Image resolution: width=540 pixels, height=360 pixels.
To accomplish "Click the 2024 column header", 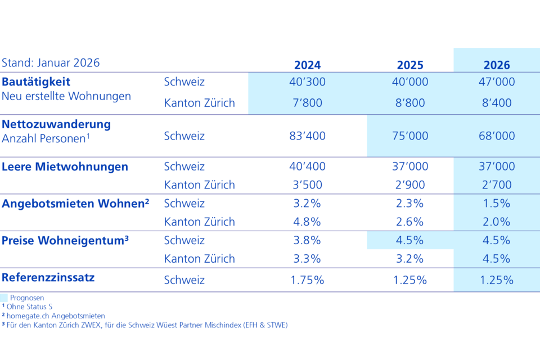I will click(x=307, y=65).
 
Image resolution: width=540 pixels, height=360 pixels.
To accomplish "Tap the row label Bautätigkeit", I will click(x=36, y=82).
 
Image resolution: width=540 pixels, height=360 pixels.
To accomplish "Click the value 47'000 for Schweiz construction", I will click(x=497, y=82).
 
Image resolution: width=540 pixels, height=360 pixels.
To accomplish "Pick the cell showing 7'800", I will click(x=307, y=103).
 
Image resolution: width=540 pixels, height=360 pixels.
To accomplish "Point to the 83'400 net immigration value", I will click(x=307, y=136).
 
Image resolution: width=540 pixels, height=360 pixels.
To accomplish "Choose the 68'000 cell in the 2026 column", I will click(x=497, y=136).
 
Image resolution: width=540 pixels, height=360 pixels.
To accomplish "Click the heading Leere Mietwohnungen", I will click(x=65, y=166).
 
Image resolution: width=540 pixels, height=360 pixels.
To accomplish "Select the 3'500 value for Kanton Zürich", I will click(x=307, y=184).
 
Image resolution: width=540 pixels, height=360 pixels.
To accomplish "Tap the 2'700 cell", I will click(x=497, y=184).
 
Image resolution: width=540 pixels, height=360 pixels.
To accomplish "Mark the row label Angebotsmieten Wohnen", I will click(x=75, y=204).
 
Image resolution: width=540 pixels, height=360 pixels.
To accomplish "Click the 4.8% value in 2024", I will click(x=307, y=222).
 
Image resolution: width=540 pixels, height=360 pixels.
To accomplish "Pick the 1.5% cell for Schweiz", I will click(x=497, y=204).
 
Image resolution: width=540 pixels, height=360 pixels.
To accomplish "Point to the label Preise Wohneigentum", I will click(x=65, y=241).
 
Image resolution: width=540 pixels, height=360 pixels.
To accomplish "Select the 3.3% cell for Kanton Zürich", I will click(x=307, y=259).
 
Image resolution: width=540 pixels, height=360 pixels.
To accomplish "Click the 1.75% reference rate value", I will click(x=307, y=280).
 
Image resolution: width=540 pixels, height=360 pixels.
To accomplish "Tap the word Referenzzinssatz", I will click(x=48, y=277).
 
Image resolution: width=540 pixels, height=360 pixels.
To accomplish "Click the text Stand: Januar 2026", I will click(x=51, y=62).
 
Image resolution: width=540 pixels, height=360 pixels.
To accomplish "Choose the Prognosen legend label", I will click(x=27, y=298).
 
